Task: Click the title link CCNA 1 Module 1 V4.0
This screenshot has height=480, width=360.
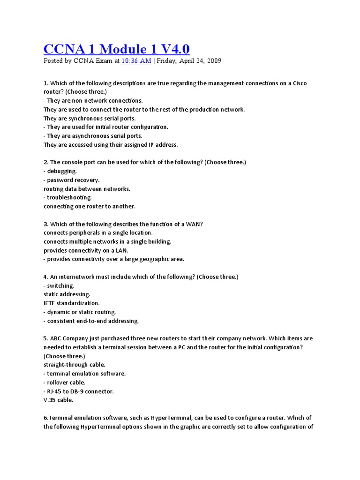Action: (117, 48)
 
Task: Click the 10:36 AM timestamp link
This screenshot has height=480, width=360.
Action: (136, 61)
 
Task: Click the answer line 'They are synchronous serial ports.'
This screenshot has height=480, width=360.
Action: (90, 118)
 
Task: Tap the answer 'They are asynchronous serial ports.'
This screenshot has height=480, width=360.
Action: (94, 136)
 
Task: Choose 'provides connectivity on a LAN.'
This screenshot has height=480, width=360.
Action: (86, 250)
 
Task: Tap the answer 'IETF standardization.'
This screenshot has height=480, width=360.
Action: (72, 303)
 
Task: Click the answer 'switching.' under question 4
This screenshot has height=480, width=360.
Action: (60, 285)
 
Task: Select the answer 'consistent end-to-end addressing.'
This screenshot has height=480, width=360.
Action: (93, 321)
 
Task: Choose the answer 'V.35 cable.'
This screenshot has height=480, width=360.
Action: (59, 400)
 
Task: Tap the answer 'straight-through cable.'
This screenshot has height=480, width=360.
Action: (74, 365)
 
